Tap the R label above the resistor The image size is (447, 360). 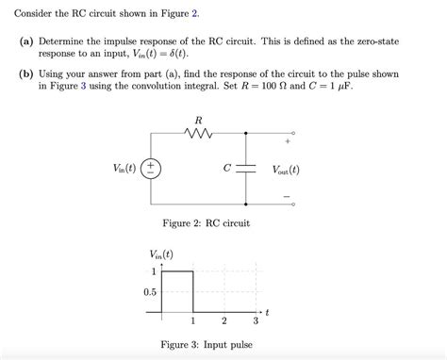coord(197,120)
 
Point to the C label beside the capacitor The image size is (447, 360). coord(226,170)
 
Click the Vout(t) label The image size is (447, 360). coord(286,171)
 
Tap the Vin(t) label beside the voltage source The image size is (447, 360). coord(124,170)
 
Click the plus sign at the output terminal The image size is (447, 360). coord(286,144)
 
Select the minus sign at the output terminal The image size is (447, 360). coord(286,197)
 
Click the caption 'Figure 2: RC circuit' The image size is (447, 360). coord(207,222)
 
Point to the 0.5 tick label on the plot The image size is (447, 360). coord(150,292)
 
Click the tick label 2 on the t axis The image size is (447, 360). coord(224,323)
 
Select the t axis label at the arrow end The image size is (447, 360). coord(267,311)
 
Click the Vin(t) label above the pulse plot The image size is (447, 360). coord(161,254)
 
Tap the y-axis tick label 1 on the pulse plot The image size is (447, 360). coord(154,272)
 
